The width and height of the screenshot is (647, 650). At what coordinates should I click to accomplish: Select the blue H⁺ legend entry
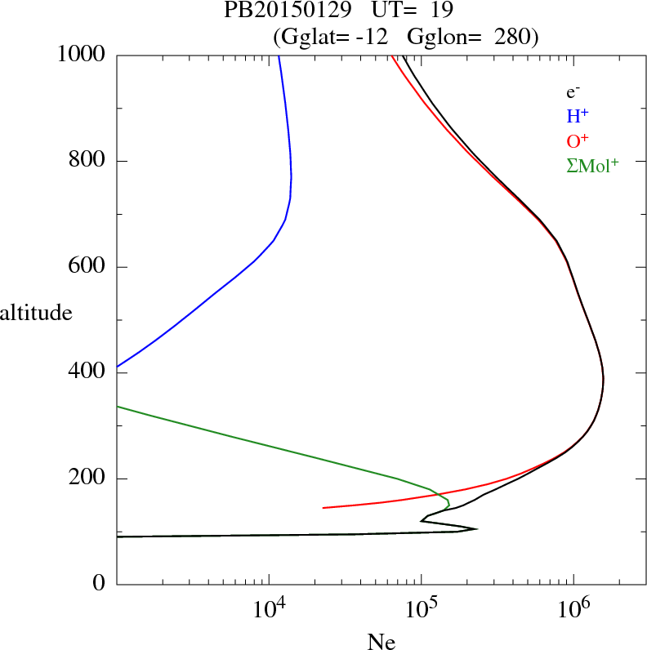click(577, 117)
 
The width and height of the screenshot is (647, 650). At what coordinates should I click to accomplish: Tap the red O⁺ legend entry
click(577, 141)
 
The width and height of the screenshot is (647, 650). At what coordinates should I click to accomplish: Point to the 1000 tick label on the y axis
click(82, 55)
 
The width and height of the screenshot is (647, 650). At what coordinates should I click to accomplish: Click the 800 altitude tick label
click(87, 161)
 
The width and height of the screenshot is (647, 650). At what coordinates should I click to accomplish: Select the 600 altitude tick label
click(87, 267)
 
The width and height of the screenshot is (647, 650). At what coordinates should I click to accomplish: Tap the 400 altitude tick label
click(87, 373)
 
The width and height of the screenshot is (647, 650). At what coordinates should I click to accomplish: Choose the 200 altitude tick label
click(87, 479)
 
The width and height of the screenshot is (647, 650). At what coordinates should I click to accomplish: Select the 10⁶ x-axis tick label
click(573, 609)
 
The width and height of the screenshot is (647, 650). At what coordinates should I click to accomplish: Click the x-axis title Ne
click(381, 642)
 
